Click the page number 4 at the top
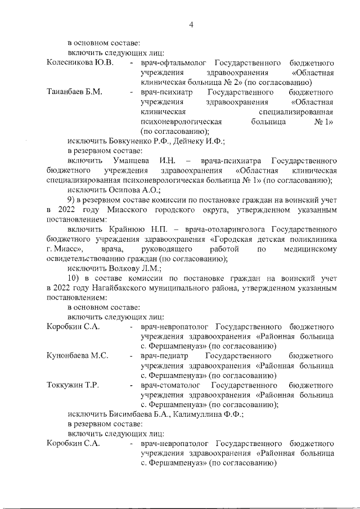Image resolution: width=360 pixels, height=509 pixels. pyautogui.click(x=191, y=24)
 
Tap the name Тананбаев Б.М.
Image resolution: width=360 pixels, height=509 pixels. pyautogui.click(x=74, y=92)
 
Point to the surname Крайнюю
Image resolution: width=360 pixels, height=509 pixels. pyautogui.click(x=121, y=229)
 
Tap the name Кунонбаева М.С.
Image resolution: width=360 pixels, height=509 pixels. pyautogui.click(x=77, y=356)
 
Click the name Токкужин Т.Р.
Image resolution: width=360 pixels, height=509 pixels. pyautogui.click(x=73, y=385)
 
